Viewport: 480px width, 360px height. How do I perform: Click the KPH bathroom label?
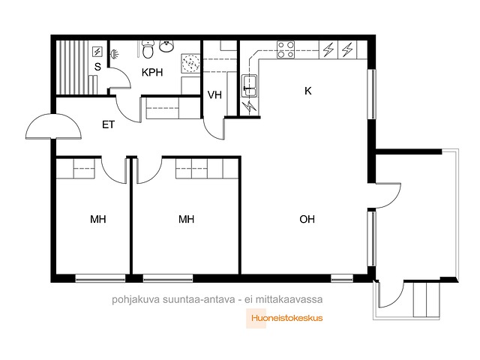point(152,73)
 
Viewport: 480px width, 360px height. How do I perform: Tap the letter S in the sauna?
point(97,67)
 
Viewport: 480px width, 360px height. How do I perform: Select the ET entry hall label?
point(108,124)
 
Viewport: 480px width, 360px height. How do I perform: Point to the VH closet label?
point(214,95)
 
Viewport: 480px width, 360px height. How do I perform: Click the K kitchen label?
point(308,91)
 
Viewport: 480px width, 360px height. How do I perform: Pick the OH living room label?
point(307,219)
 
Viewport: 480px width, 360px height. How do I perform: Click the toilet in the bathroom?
point(148,49)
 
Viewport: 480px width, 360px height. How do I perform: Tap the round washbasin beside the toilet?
point(166,46)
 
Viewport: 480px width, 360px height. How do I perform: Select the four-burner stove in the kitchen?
point(286,49)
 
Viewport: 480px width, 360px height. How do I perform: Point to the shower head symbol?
point(114,54)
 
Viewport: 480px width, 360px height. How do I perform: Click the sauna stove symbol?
point(97,52)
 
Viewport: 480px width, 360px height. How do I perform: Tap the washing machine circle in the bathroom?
point(190,63)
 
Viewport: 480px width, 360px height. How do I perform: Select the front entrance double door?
point(53,127)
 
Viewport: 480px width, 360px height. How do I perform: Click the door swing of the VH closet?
point(214,129)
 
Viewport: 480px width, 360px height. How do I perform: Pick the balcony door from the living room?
point(386,196)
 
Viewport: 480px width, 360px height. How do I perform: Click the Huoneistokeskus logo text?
point(286,318)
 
